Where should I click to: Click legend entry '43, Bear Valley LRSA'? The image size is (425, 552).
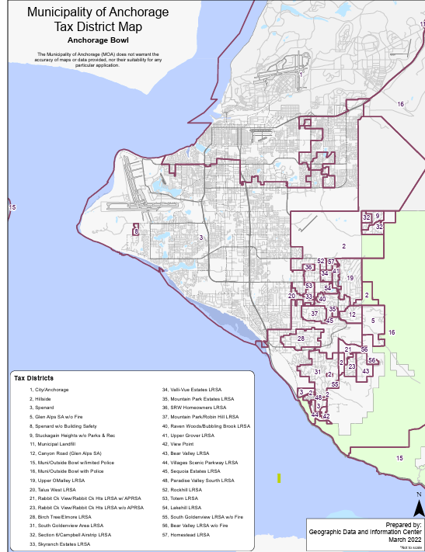tap(186, 450)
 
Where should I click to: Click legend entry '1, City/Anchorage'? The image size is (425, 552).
tap(49, 389)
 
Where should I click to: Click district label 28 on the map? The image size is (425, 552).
tap(301, 338)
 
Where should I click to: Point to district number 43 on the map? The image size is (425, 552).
tap(365, 371)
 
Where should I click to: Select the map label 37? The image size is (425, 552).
tap(315, 314)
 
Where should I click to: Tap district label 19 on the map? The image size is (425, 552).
tap(350, 278)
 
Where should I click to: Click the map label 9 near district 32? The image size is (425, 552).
tap(378, 216)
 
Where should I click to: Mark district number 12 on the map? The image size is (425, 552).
tap(352, 314)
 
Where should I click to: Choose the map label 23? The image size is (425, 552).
tap(352, 366)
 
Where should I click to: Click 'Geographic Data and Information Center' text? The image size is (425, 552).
tap(365, 532)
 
